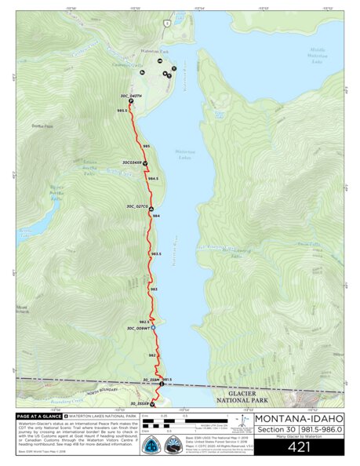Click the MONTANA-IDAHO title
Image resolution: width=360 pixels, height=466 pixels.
(x=299, y=417)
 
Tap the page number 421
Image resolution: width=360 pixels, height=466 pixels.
(x=299, y=447)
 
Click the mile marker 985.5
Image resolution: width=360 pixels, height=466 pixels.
(x=121, y=111)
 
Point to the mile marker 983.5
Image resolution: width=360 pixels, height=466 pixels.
(x=156, y=253)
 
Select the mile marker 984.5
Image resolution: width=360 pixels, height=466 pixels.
(x=153, y=179)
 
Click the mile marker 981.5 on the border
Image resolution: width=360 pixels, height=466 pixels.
(x=166, y=379)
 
